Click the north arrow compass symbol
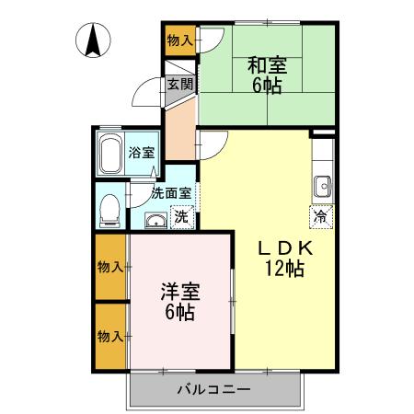coord(95,40)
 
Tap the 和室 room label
coord(268,65)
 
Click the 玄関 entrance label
coord(180,86)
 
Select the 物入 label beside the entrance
coord(179,40)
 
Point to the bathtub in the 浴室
coord(112,155)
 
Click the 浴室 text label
coord(143,153)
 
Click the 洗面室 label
coord(172,193)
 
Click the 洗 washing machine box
coord(182,218)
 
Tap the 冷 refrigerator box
coord(320,217)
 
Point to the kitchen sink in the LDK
coord(323,187)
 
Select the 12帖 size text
coord(285,269)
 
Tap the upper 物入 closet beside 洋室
coord(110,267)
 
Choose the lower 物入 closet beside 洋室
coord(110,336)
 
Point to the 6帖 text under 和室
coord(268,86)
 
